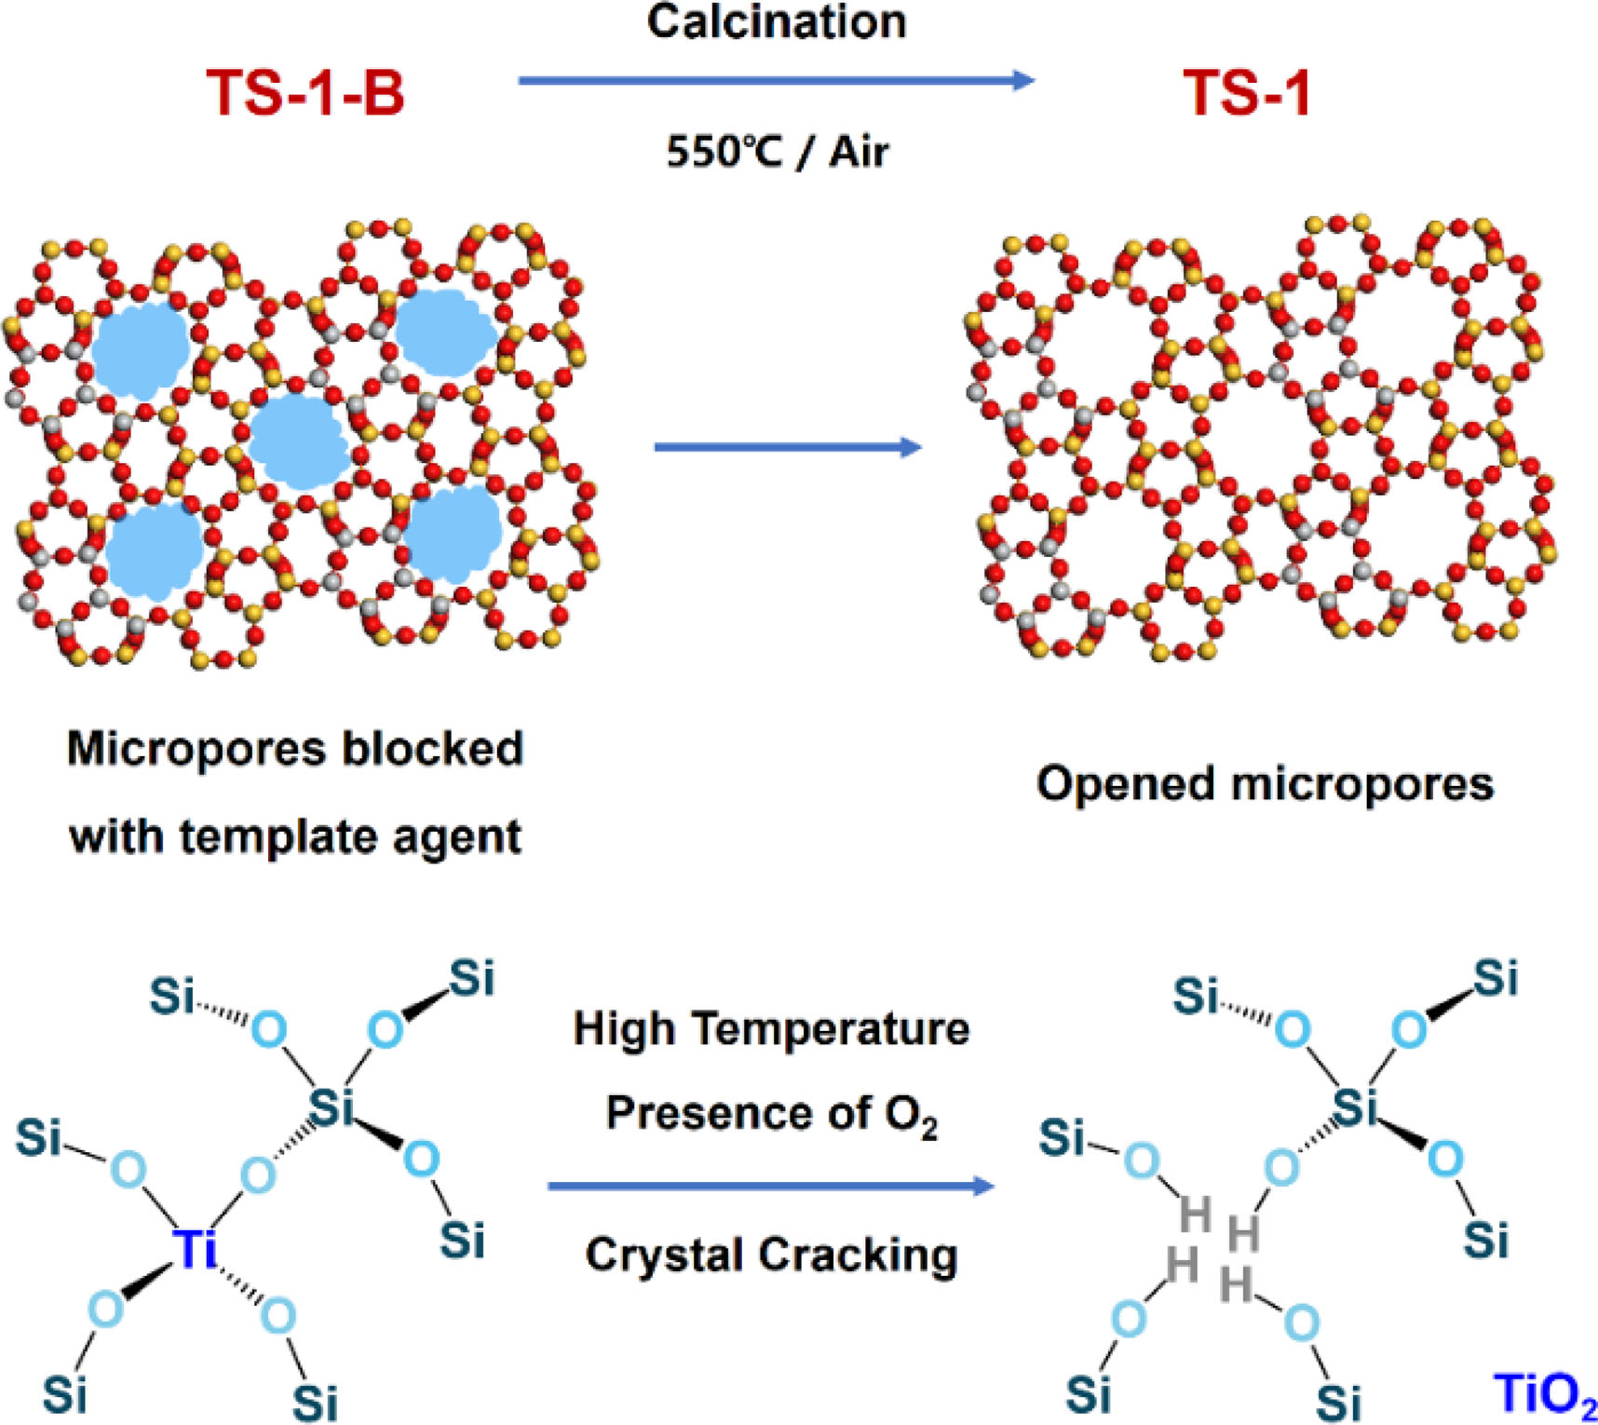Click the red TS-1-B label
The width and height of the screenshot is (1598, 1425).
(x=305, y=93)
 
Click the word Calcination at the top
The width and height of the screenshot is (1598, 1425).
(x=776, y=21)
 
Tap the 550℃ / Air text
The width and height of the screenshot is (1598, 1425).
(x=777, y=151)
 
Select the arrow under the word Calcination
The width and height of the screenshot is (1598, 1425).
(x=776, y=81)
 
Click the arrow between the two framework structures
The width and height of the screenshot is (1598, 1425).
(x=787, y=448)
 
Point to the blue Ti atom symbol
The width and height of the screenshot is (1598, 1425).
(x=196, y=1248)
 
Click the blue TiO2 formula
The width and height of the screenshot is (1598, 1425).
(x=1544, y=1395)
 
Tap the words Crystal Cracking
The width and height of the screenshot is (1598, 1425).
(x=771, y=1255)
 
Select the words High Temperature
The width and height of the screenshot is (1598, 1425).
(x=771, y=1029)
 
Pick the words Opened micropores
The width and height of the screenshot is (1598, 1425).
(x=1265, y=784)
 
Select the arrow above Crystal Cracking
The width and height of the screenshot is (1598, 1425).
(x=771, y=1187)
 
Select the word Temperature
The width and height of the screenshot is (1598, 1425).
(x=831, y=1029)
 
